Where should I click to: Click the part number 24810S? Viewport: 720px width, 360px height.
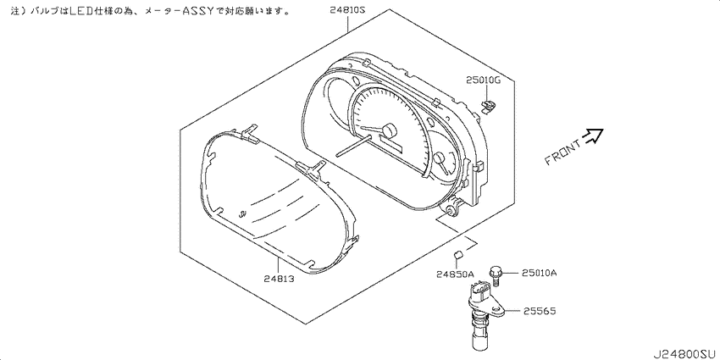347,9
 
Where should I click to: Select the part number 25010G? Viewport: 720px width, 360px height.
483,80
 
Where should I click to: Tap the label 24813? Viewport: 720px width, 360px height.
280,278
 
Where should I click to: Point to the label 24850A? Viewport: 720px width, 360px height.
455,274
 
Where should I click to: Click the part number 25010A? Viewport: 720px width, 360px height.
539,274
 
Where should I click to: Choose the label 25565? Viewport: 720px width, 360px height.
539,312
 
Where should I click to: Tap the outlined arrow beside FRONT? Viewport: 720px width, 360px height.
592,135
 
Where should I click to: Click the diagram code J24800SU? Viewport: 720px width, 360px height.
684,353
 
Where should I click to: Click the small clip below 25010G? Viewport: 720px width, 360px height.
488,107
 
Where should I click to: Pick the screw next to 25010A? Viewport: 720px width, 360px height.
496,275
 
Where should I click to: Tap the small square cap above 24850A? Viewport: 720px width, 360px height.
457,253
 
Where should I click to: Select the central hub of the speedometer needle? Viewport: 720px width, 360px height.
388,132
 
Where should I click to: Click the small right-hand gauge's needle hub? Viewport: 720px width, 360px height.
440,158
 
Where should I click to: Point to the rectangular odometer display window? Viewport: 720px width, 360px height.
391,147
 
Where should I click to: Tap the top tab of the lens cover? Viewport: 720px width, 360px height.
248,130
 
